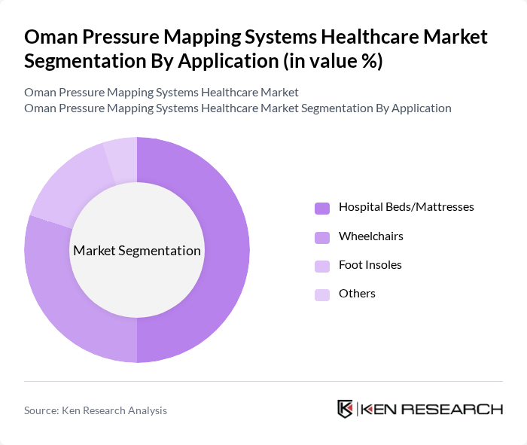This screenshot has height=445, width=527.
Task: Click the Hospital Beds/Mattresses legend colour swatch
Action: pyautogui.click(x=322, y=208)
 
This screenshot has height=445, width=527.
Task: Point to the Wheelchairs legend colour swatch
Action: pyautogui.click(x=322, y=237)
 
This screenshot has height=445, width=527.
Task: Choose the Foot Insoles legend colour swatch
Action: pyautogui.click(x=322, y=266)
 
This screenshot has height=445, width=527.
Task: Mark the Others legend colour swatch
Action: pyautogui.click(x=322, y=294)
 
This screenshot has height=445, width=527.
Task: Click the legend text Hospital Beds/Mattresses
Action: pyautogui.click(x=406, y=206)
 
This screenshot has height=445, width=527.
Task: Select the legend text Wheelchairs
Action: pyautogui.click(x=370, y=236)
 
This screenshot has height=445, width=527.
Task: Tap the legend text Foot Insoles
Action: pyautogui.click(x=370, y=264)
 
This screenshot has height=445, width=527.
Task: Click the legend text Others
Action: pyautogui.click(x=357, y=293)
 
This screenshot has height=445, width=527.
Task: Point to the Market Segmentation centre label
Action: pyautogui.click(x=137, y=251)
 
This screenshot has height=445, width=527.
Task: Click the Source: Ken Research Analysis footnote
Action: pyautogui.click(x=96, y=410)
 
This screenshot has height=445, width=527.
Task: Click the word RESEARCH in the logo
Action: pyautogui.click(x=460, y=410)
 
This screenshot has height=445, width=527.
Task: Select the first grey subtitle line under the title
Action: pyautogui.click(x=161, y=92)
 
